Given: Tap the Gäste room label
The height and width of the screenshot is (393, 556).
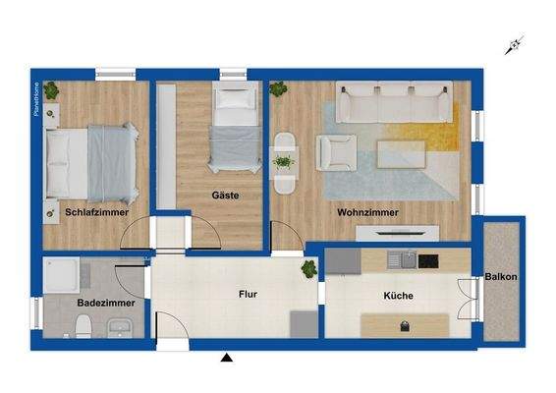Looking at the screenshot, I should [x=225, y=196].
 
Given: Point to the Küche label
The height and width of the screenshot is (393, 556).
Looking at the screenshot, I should [x=399, y=295].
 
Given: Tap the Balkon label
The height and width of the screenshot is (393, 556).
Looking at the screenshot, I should [x=501, y=277].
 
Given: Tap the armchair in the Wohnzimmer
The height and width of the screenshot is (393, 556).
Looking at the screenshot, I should [x=335, y=152].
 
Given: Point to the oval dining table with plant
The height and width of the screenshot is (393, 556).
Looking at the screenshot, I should [x=283, y=161].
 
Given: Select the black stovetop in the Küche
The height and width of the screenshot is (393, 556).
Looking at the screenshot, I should [x=428, y=260].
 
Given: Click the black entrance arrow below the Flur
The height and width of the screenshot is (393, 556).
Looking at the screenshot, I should [x=228, y=358].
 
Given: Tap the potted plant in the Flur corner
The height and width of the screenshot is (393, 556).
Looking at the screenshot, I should [x=308, y=267].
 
